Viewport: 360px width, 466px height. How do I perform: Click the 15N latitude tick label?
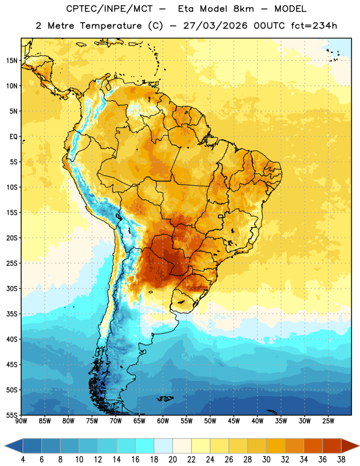pyautogui.click(x=12, y=61)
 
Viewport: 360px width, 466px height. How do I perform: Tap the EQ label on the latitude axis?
pyautogui.click(x=13, y=137)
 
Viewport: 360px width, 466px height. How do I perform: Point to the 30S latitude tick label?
pyautogui.click(x=12, y=288)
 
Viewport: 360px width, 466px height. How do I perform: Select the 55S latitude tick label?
pyautogui.click(x=12, y=415)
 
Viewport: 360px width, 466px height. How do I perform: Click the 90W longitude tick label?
pyautogui.click(x=21, y=421)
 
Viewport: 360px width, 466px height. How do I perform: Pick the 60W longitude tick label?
pyautogui.click(x=163, y=421)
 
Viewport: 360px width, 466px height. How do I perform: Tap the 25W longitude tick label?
pyautogui.click(x=328, y=421)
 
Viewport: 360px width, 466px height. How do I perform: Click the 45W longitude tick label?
pyautogui.click(x=234, y=421)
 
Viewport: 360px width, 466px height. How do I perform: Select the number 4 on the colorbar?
pyautogui.click(x=23, y=460)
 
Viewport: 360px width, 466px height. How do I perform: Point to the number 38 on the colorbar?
pyautogui.click(x=341, y=460)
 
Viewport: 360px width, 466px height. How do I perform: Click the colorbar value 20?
pyautogui.click(x=172, y=460)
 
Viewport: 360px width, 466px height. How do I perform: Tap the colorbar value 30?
pyautogui.click(x=266, y=460)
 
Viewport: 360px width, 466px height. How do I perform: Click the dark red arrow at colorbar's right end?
pyautogui.click(x=350, y=446)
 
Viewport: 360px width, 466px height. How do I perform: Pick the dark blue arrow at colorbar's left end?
pyautogui.click(x=13, y=446)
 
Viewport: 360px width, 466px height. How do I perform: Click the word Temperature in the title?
pyautogui.click(x=111, y=26)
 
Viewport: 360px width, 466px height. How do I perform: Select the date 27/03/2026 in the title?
pyautogui.click(x=215, y=26)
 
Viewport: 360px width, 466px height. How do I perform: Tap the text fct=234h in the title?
pyautogui.click(x=314, y=26)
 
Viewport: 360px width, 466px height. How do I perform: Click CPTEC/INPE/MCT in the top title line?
pyautogui.click(x=109, y=9)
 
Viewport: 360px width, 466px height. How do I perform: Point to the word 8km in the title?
pyautogui.click(x=243, y=9)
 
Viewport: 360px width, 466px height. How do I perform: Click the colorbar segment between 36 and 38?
pyautogui.click(x=332, y=446)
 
